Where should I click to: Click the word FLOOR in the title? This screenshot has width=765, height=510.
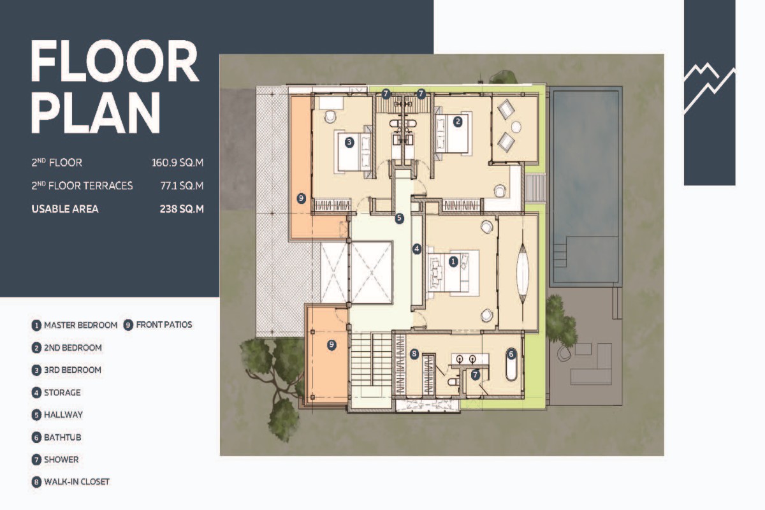pyautogui.click(x=115, y=61)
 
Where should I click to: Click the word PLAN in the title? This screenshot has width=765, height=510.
pyautogui.click(x=96, y=113)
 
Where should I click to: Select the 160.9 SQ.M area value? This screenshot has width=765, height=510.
pyautogui.click(x=178, y=163)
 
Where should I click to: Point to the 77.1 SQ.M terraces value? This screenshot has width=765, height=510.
pyautogui.click(x=182, y=186)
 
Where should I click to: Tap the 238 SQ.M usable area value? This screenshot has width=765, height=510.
pyautogui.click(x=182, y=208)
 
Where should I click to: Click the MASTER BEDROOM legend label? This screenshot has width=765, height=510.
pyautogui.click(x=80, y=325)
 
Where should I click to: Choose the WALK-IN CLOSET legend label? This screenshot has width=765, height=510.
pyautogui.click(x=77, y=482)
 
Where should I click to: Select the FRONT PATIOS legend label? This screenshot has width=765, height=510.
pyautogui.click(x=164, y=324)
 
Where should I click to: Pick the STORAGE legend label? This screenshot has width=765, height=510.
pyautogui.click(x=62, y=393)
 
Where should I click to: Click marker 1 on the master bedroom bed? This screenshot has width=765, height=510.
pyautogui.click(x=453, y=261)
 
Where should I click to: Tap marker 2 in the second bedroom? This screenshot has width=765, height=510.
pyautogui.click(x=458, y=121)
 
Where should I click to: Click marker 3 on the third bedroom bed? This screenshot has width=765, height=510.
pyautogui.click(x=349, y=142)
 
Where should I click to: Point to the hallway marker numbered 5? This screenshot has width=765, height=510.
pyautogui.click(x=399, y=218)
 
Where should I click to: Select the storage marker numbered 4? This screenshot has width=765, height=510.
pyautogui.click(x=417, y=249)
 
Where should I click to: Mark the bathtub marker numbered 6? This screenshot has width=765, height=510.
pyautogui.click(x=511, y=354)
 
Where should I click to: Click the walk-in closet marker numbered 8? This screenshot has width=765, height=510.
pyautogui.click(x=414, y=354)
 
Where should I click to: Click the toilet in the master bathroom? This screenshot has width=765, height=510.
pyautogui.click(x=453, y=381)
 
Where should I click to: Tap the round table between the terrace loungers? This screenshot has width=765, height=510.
pyautogui.click(x=516, y=127)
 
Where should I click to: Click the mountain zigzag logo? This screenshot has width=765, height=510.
pyautogui.click(x=710, y=88)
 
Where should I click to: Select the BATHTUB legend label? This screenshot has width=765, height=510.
pyautogui.click(x=62, y=437)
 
